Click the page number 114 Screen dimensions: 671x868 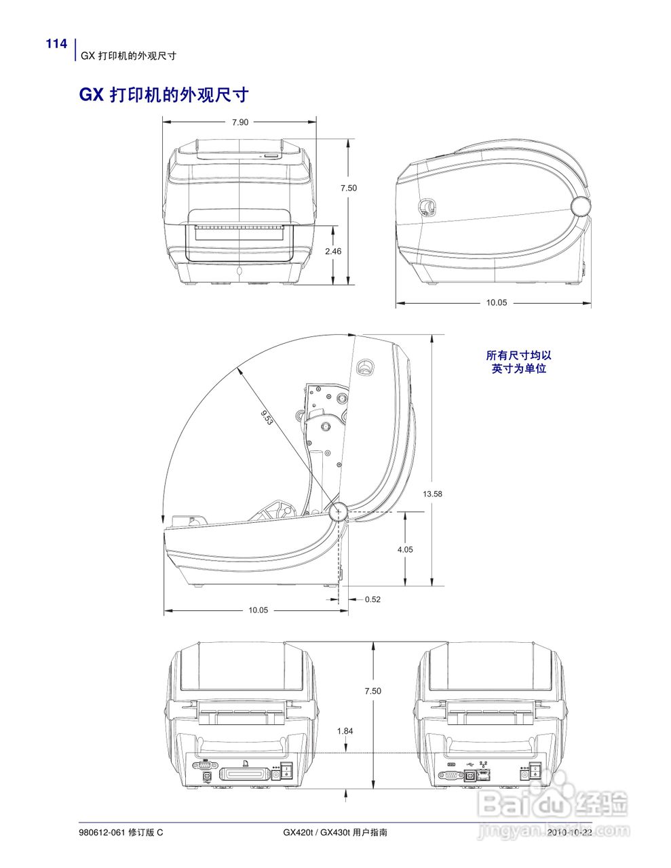56,43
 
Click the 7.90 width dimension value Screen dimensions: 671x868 240,122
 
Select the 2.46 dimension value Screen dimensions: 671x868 333,252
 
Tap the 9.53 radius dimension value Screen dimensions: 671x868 267,417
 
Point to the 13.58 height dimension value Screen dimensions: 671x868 432,494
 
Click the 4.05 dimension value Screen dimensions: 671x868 405,550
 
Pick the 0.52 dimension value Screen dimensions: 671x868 372,599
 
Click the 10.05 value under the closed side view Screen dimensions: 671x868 497,302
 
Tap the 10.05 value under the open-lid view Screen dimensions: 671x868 258,610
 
